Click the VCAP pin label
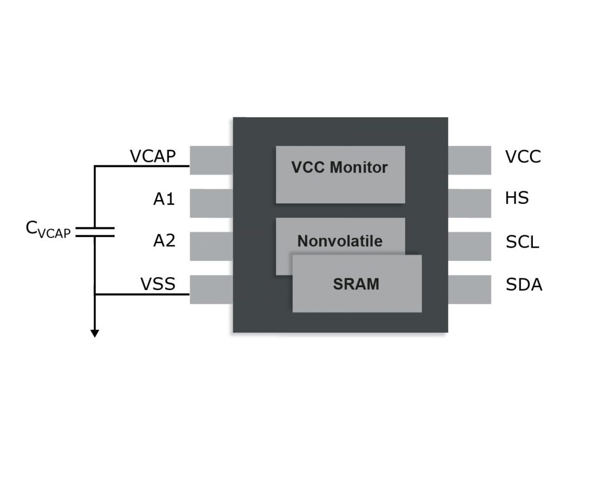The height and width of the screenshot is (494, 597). pyautogui.click(x=152, y=156)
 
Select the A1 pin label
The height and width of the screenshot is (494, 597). pyautogui.click(x=164, y=199)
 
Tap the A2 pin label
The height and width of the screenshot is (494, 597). pyautogui.click(x=164, y=241)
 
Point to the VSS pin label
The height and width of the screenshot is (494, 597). pyautogui.click(x=158, y=284)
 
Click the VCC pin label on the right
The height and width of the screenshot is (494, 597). pyautogui.click(x=523, y=157)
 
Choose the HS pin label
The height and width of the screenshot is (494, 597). pyautogui.click(x=517, y=198)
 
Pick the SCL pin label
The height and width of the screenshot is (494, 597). pyautogui.click(x=522, y=242)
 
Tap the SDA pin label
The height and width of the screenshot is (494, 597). pyautogui.click(x=524, y=285)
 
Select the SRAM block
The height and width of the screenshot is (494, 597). pyautogui.click(x=357, y=284)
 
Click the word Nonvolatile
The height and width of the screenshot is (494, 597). pyautogui.click(x=340, y=241)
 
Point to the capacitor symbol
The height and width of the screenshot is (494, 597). pyautogui.click(x=95, y=232)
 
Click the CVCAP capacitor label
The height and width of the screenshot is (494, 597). pyautogui.click(x=49, y=230)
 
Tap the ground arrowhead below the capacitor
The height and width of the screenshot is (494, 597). pyautogui.click(x=95, y=333)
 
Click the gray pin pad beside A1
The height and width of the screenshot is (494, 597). pyautogui.click(x=211, y=203)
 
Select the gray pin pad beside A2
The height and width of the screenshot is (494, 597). pyautogui.click(x=211, y=246)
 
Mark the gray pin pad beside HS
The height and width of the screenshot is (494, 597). pyautogui.click(x=469, y=203)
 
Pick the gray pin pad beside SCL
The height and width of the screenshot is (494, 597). pyautogui.click(x=469, y=246)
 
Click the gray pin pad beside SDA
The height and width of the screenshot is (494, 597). pyautogui.click(x=469, y=289)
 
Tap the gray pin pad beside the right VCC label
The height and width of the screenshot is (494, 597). pyautogui.click(x=469, y=160)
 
